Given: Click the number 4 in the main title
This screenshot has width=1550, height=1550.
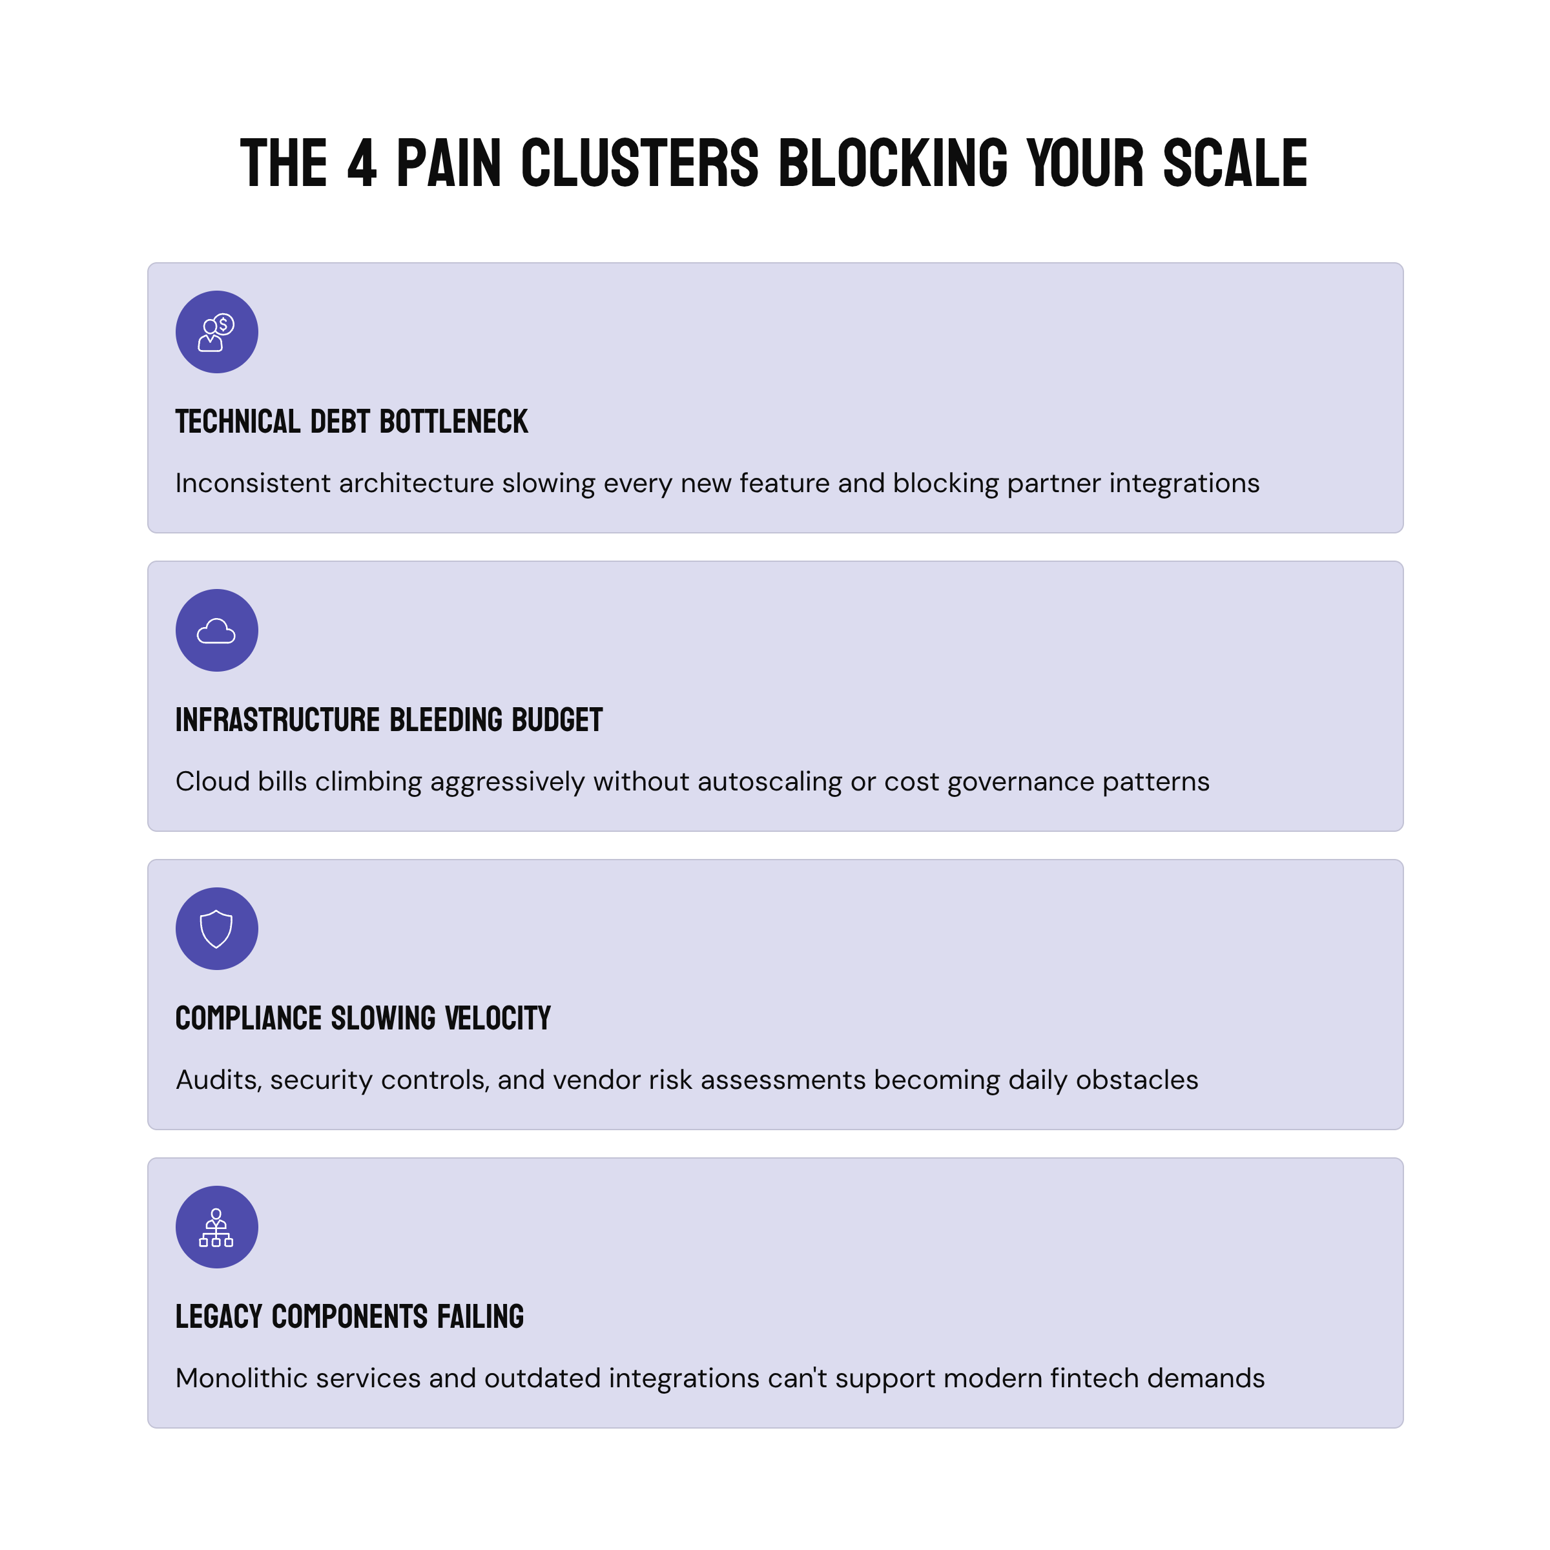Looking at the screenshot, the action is (x=362, y=163).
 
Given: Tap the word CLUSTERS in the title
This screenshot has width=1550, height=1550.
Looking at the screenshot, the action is (x=639, y=163).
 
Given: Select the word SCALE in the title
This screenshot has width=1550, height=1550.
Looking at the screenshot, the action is (x=1235, y=163).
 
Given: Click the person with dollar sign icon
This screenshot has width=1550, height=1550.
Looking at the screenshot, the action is (x=216, y=332).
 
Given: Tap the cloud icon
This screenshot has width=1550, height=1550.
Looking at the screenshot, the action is (x=216, y=630).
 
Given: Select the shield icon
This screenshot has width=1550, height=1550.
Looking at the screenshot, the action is (x=216, y=929).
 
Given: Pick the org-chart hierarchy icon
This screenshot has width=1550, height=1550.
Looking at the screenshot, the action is (x=216, y=1228).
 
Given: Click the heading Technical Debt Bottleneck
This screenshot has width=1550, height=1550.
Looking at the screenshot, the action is (x=351, y=422).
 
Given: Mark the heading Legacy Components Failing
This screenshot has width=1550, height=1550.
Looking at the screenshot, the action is (x=350, y=1317).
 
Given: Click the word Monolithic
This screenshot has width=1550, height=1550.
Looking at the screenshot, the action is (x=242, y=1379).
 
